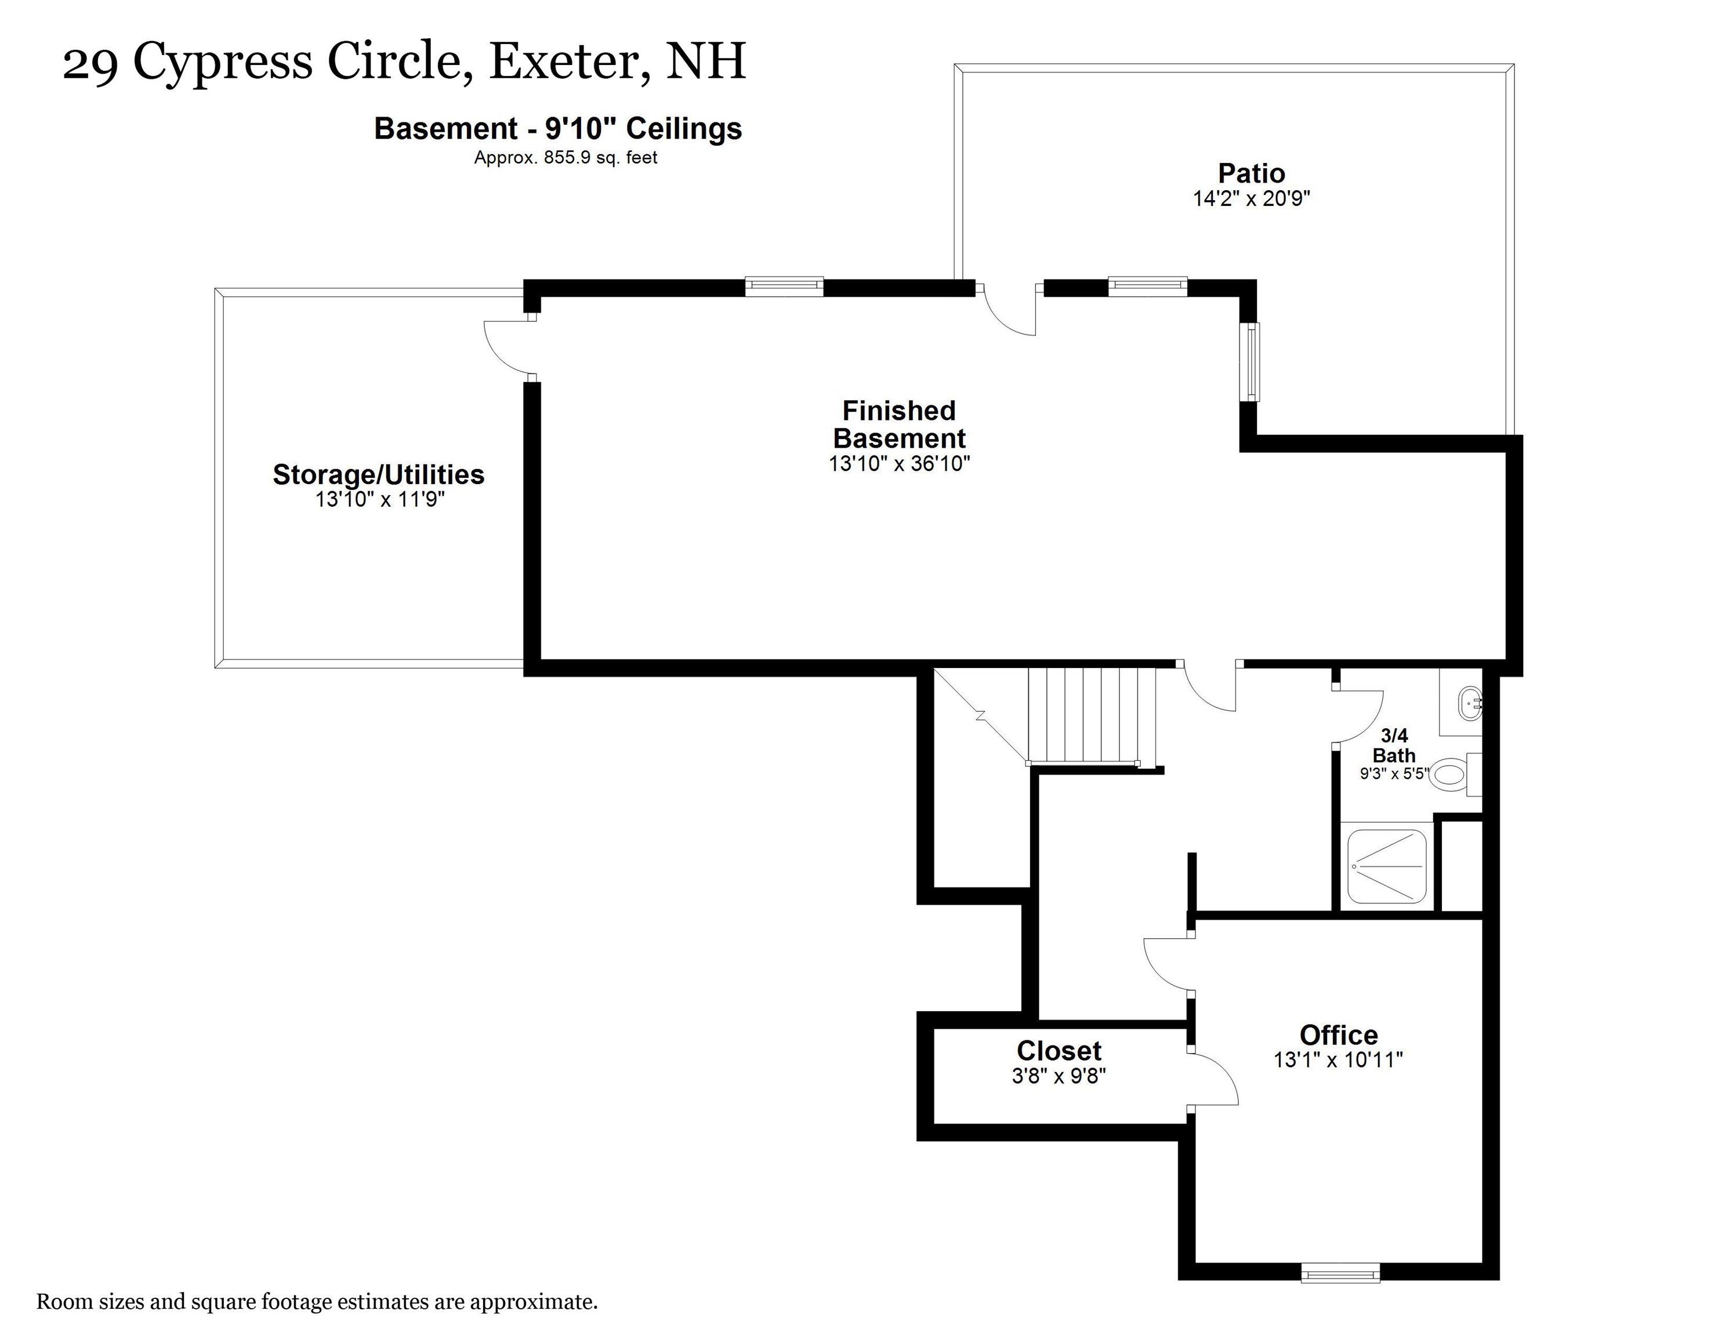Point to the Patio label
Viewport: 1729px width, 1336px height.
(x=1251, y=173)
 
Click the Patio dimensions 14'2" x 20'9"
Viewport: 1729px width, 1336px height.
(x=1251, y=198)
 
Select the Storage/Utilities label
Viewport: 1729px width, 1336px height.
(x=378, y=474)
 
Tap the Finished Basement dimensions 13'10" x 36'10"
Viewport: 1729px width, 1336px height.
(x=900, y=463)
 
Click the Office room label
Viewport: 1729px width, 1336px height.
(x=1338, y=1034)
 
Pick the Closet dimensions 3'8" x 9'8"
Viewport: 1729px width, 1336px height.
(x=1059, y=1076)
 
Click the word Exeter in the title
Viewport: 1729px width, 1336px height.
(x=570, y=61)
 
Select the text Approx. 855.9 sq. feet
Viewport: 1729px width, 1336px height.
(x=566, y=158)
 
